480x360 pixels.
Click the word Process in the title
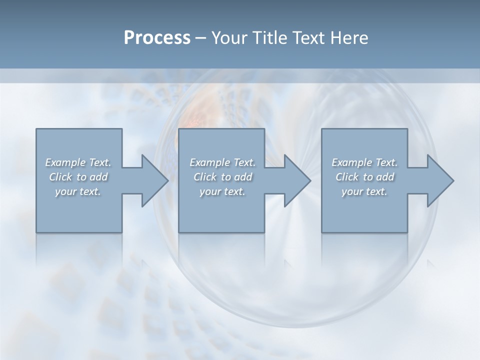[157, 38]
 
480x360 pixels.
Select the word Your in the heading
[229, 38]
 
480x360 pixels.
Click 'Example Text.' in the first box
[78, 162]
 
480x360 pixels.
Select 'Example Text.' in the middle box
[222, 162]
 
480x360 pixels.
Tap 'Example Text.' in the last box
[364, 162]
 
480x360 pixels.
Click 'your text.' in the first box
[78, 191]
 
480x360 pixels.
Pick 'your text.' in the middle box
[222, 191]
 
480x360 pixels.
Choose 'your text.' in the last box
[364, 191]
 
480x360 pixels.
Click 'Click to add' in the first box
[78, 177]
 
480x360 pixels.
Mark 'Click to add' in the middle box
[222, 177]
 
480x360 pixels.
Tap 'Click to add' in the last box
[364, 177]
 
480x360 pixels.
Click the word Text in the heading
[308, 38]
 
